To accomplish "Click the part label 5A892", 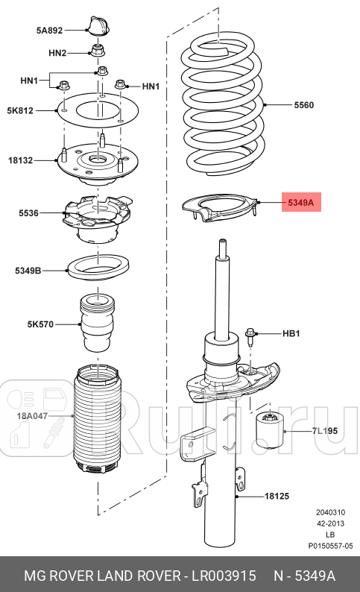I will [49, 31].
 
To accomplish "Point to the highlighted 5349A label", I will [301, 201].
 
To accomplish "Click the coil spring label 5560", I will [303, 105].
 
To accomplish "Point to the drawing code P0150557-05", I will [330, 547].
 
